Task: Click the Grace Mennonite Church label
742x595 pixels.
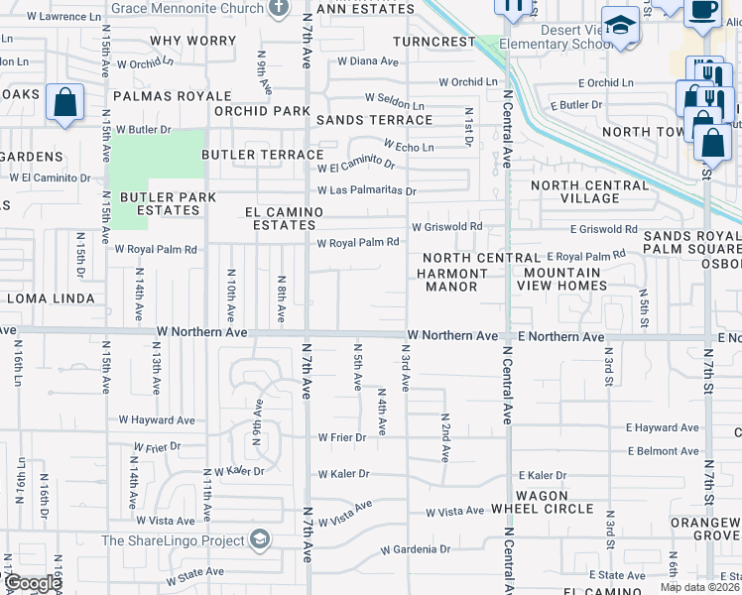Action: tap(186, 8)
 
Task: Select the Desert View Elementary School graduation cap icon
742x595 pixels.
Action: tap(621, 27)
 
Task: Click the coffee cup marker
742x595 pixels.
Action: tap(703, 10)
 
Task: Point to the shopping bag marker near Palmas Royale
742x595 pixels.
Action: tap(64, 103)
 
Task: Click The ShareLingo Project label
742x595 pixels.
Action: tap(174, 541)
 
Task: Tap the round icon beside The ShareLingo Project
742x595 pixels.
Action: tap(260, 540)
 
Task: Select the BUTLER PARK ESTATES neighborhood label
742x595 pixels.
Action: tap(161, 203)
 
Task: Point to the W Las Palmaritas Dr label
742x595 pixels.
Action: tap(367, 191)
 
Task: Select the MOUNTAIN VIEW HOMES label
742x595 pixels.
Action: tap(564, 280)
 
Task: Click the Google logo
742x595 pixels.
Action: tap(33, 584)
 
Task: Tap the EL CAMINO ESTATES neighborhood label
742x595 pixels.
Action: tap(285, 219)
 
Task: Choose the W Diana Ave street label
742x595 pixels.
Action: tap(367, 61)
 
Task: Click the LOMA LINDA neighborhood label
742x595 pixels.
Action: tap(51, 298)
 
